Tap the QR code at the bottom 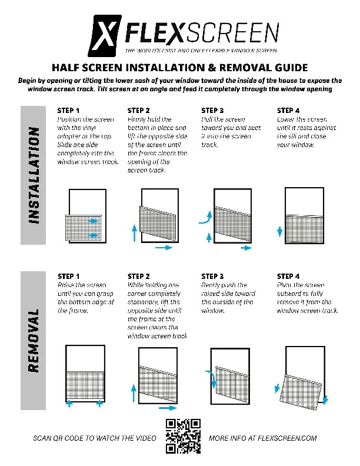[183, 436]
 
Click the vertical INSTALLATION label [34, 175]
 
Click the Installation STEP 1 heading [69, 110]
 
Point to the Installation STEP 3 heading [212, 110]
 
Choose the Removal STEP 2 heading [139, 276]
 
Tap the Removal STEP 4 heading [288, 276]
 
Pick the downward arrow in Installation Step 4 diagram [278, 231]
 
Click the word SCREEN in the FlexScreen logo [235, 32]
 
